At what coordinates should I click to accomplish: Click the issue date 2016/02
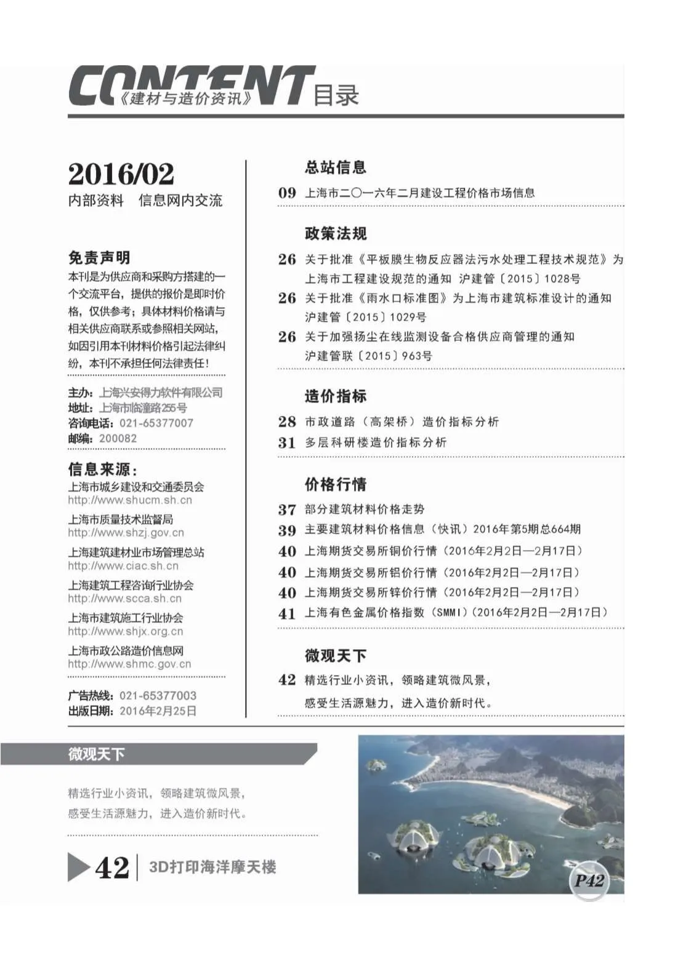tap(121, 174)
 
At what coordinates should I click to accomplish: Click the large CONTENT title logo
tap(191, 86)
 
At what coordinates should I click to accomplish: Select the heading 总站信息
tap(335, 167)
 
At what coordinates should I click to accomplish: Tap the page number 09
tap(287, 193)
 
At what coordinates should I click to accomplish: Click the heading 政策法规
tap(335, 234)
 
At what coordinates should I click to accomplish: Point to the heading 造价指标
tap(335, 396)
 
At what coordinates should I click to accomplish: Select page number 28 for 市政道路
tap(287, 421)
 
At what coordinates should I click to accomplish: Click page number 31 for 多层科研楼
tap(287, 442)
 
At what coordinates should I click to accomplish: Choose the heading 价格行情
tap(335, 484)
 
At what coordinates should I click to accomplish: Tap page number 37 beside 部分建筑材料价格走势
tap(287, 509)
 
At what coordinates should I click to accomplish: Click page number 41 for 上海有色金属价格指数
tap(287, 613)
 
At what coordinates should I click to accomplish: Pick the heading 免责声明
tap(99, 258)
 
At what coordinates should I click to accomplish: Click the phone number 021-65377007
tap(156, 423)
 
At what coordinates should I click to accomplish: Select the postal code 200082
tap(118, 439)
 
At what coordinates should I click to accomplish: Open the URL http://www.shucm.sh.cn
tap(130, 500)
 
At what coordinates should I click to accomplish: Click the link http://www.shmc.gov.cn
tap(129, 664)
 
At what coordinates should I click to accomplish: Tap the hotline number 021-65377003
tap(158, 696)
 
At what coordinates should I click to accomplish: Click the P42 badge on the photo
tap(589, 880)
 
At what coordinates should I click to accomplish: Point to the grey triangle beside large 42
tap(78, 867)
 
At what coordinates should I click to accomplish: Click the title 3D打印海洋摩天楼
tap(212, 867)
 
